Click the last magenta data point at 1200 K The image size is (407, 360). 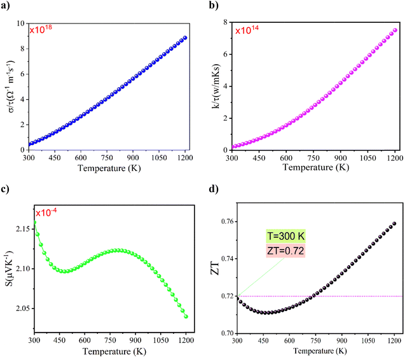394,30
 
